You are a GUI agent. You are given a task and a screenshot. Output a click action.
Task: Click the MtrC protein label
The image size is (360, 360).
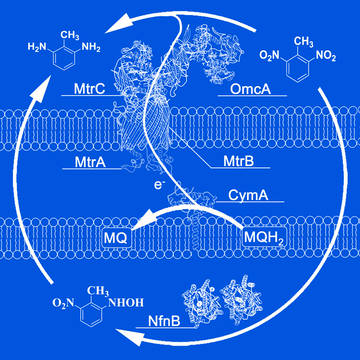[x=89, y=89]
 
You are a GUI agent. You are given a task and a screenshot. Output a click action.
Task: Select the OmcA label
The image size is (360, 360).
[x=250, y=89]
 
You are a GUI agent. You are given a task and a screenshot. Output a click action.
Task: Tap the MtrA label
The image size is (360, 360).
[x=90, y=162]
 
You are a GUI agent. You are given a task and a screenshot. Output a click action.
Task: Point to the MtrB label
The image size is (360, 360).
[x=238, y=162]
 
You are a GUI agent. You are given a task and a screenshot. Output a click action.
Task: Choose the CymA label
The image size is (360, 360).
[x=248, y=195]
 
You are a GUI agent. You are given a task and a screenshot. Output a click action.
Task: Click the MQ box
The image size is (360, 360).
[x=115, y=238]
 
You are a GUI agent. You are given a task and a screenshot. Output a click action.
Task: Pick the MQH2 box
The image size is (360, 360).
[x=264, y=238]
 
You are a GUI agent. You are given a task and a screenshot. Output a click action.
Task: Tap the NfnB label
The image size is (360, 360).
[x=164, y=321]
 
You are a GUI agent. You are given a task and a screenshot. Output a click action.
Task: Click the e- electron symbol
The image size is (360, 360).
[x=158, y=185]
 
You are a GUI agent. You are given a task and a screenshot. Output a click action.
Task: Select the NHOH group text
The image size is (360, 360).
[x=126, y=302]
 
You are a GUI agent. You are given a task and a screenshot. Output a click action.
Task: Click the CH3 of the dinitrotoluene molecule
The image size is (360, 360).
[x=303, y=42]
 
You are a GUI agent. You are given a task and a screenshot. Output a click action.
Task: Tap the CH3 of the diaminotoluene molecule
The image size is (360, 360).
[x=70, y=35]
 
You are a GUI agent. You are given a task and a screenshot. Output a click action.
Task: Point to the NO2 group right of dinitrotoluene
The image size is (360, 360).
[x=326, y=56]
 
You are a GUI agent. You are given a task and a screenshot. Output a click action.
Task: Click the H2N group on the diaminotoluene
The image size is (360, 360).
[x=37, y=47]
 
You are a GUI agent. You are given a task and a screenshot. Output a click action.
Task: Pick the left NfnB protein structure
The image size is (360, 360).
[x=200, y=302]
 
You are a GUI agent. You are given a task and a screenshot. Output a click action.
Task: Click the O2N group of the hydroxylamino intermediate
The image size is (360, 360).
[x=62, y=303]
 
